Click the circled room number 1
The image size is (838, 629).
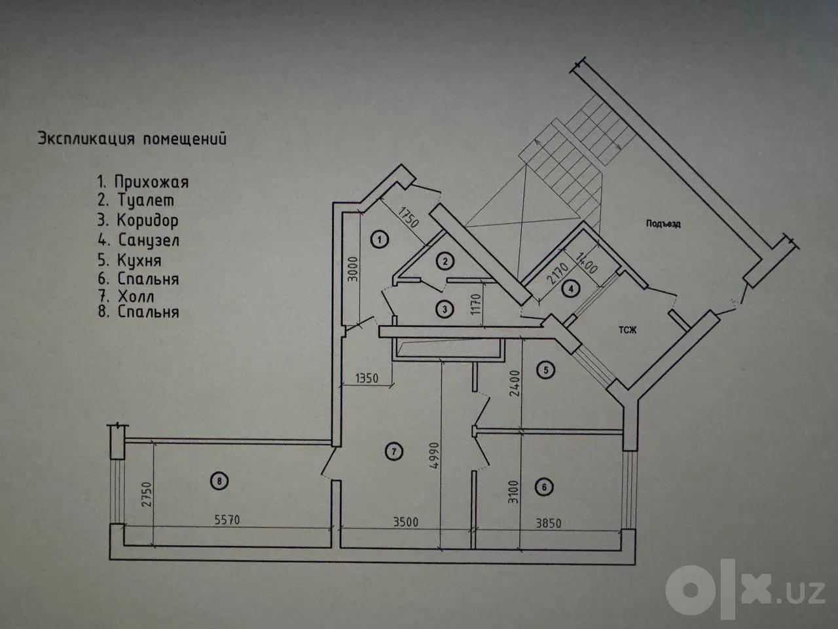click(380, 239)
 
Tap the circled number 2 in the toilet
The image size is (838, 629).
click(445, 261)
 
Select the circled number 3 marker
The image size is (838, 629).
click(445, 309)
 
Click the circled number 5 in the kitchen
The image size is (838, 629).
click(545, 370)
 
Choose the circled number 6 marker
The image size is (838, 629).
click(544, 487)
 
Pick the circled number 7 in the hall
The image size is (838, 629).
click(394, 452)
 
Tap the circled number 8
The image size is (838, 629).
click(219, 481)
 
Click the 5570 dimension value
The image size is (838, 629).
click(227, 520)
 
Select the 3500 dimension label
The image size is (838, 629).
click(405, 522)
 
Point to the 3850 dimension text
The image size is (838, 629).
click(548, 523)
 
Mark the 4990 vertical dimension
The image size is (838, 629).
click(434, 455)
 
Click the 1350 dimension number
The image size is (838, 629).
click(367, 378)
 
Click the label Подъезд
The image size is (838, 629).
click(663, 224)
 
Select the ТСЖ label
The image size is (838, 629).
click(628, 330)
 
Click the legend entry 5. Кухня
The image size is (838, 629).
click(130, 261)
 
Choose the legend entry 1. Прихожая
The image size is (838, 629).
click(143, 182)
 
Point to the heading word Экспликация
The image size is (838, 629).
click(86, 139)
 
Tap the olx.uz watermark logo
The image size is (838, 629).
click(745, 590)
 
